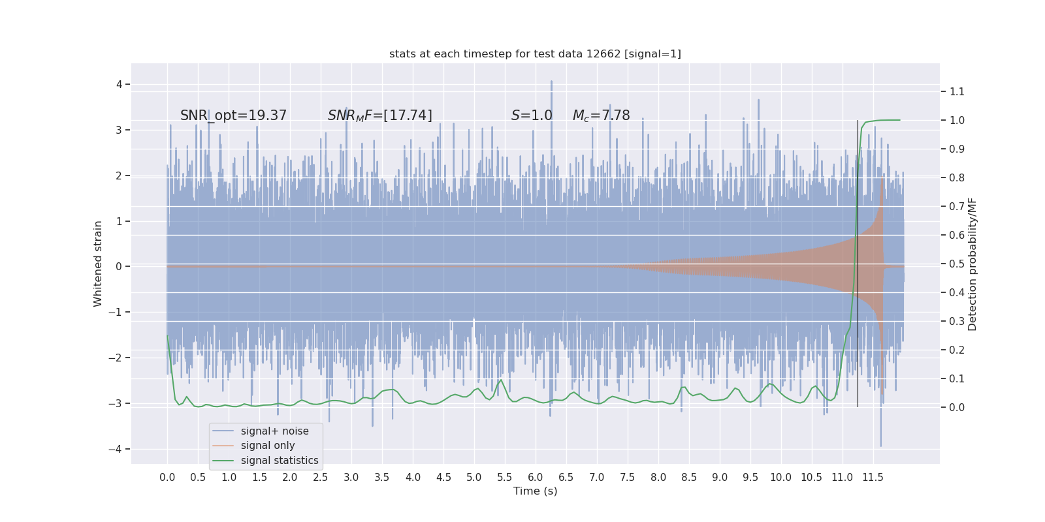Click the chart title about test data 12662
click(535, 54)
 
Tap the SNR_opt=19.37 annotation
click(233, 115)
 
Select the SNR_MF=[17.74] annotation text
click(379, 115)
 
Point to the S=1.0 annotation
click(532, 115)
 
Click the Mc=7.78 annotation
click(601, 115)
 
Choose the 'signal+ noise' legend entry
click(274, 431)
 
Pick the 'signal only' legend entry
click(268, 446)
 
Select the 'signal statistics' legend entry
click(280, 461)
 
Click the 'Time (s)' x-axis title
click(535, 491)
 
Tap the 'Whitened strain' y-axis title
click(98, 264)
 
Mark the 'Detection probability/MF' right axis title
click(973, 264)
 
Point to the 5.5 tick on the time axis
click(505, 478)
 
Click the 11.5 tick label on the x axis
click(873, 478)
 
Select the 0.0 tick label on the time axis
click(167, 478)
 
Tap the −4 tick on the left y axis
click(118, 449)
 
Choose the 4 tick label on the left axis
click(120, 84)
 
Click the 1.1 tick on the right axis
click(957, 91)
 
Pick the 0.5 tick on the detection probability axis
click(957, 264)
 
